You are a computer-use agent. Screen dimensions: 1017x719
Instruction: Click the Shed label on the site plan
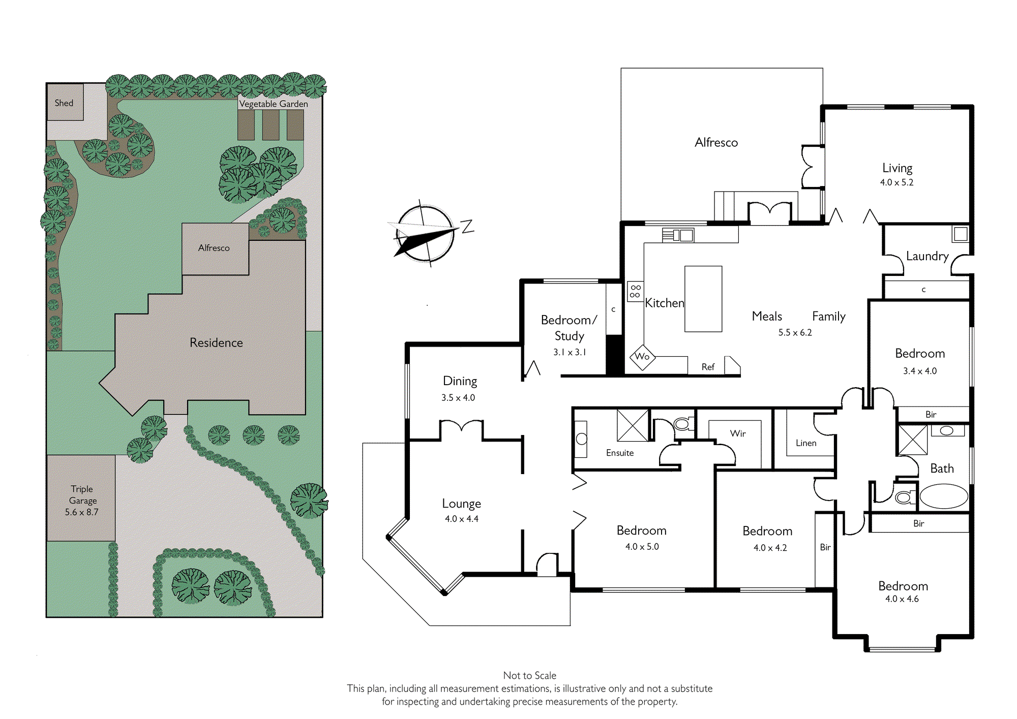click(64, 103)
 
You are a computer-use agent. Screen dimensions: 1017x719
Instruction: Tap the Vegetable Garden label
click(274, 104)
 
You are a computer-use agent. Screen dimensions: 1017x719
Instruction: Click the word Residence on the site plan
click(216, 342)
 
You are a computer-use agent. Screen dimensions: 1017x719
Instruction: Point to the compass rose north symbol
click(425, 234)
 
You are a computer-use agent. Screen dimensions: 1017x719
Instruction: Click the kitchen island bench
click(703, 299)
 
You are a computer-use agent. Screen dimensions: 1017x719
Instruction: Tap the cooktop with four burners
click(635, 291)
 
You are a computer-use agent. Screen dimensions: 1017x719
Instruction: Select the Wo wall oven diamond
click(642, 357)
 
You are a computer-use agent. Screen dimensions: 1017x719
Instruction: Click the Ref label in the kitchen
click(708, 367)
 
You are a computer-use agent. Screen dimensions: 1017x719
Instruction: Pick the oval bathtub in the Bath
click(944, 496)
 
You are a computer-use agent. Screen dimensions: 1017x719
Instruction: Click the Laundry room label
click(927, 256)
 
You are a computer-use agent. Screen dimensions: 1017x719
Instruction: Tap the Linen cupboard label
click(806, 443)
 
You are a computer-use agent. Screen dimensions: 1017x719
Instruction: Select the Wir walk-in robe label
click(738, 433)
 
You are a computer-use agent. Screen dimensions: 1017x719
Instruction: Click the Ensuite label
click(620, 453)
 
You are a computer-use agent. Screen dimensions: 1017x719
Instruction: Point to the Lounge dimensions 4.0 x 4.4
click(462, 519)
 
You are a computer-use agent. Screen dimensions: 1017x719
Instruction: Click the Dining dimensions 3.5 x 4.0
click(458, 398)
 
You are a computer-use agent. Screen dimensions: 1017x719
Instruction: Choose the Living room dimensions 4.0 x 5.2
click(897, 182)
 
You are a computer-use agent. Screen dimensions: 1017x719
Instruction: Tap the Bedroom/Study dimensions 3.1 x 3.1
click(570, 352)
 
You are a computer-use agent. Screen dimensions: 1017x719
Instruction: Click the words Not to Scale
click(530, 675)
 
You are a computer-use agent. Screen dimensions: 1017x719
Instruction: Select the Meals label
click(767, 316)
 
